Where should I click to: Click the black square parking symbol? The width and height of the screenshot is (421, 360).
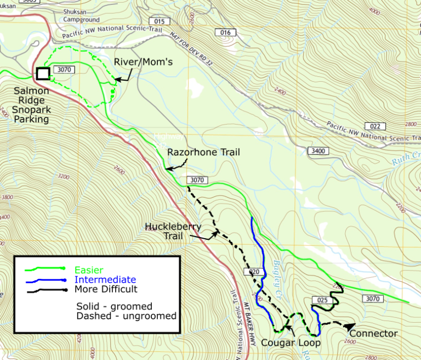43,74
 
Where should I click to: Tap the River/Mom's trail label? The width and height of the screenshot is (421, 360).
143,62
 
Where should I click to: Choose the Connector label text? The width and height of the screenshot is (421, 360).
373,333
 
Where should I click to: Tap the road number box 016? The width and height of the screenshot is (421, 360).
225,33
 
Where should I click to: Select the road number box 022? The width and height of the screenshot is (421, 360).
376,126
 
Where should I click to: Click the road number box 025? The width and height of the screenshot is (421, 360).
322,300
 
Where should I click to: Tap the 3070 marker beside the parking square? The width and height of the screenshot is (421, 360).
64,70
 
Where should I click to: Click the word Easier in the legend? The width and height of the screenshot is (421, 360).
89,270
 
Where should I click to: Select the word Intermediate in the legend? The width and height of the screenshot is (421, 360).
105,280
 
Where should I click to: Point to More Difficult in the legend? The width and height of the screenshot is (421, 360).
106,289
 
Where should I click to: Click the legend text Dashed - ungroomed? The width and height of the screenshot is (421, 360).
126,316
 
